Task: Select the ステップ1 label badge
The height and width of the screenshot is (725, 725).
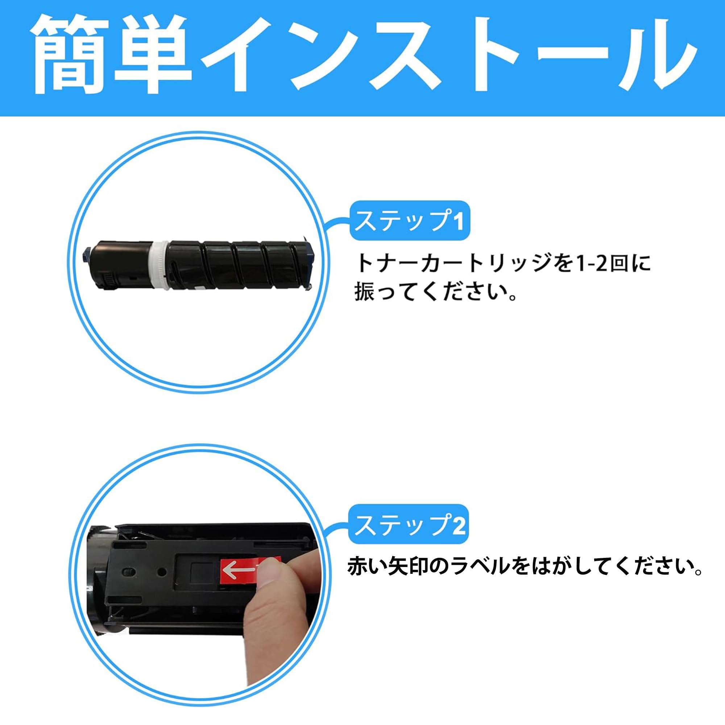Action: [409, 221]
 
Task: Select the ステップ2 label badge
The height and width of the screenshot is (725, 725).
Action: [409, 525]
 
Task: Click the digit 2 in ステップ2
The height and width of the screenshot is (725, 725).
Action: [459, 525]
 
